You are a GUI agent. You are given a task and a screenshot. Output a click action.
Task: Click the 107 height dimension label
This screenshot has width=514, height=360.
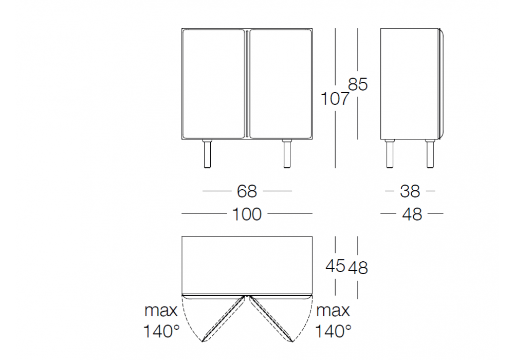(x=335, y=99)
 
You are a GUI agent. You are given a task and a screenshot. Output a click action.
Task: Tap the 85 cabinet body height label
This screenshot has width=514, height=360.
(x=358, y=84)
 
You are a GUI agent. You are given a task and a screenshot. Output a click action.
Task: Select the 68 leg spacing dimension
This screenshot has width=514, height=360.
(x=247, y=191)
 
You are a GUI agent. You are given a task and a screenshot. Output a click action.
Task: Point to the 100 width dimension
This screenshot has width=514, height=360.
(x=247, y=214)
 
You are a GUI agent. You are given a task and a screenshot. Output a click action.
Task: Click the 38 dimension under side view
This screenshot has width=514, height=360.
(x=410, y=191)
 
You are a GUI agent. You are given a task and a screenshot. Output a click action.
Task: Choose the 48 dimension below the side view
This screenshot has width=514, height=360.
(x=412, y=214)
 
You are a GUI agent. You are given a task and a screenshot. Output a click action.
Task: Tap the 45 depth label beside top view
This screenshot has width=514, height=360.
(x=335, y=265)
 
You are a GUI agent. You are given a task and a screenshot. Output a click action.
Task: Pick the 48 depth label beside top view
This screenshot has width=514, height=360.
(x=358, y=268)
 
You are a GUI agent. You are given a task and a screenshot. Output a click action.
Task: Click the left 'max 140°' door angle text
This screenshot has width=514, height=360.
(x=161, y=320)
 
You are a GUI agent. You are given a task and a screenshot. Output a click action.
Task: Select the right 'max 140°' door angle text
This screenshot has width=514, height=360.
(x=334, y=320)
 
